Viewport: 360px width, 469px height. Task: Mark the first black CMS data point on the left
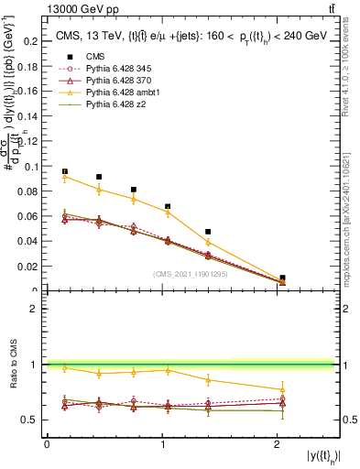[x=64, y=171]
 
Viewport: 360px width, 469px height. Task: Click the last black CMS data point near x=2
[x=282, y=278]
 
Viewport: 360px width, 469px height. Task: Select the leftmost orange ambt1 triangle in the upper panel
[x=64, y=177]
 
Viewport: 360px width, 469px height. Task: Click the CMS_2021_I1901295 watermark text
[x=191, y=273]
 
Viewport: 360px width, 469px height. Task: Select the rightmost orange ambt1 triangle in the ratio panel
[x=282, y=389]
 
